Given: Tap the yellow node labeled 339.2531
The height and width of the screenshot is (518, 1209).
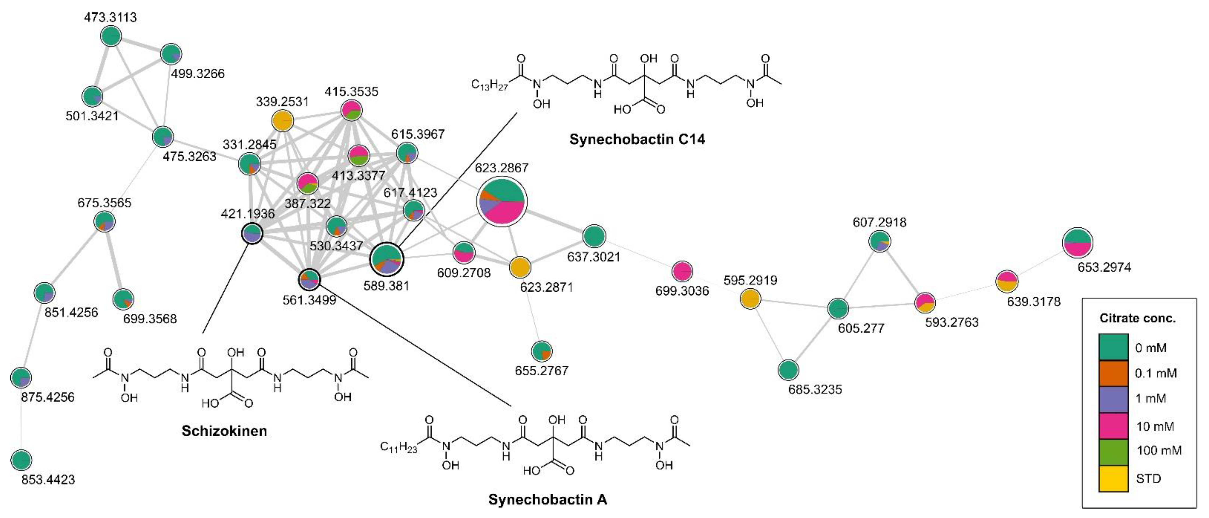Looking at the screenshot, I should (282, 121).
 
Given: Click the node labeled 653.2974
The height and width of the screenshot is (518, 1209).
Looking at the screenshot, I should (1077, 242).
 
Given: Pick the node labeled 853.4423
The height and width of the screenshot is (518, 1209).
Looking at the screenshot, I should (21, 460).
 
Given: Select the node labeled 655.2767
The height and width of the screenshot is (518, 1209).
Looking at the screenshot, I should (542, 351).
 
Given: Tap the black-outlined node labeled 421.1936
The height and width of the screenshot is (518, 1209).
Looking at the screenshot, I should (252, 233).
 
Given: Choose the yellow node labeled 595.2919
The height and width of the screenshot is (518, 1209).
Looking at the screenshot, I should (750, 299).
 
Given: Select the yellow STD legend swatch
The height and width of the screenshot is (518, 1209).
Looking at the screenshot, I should (1113, 479).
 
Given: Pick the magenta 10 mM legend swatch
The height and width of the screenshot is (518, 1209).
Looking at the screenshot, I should (1113, 426).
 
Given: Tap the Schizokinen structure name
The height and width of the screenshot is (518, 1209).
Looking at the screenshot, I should (224, 431).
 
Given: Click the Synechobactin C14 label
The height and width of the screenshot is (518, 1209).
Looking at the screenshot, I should (637, 139).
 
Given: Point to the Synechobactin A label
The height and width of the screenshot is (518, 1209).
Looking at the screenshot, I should (547, 499).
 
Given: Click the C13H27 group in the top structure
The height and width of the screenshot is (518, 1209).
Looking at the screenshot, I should (489, 85).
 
